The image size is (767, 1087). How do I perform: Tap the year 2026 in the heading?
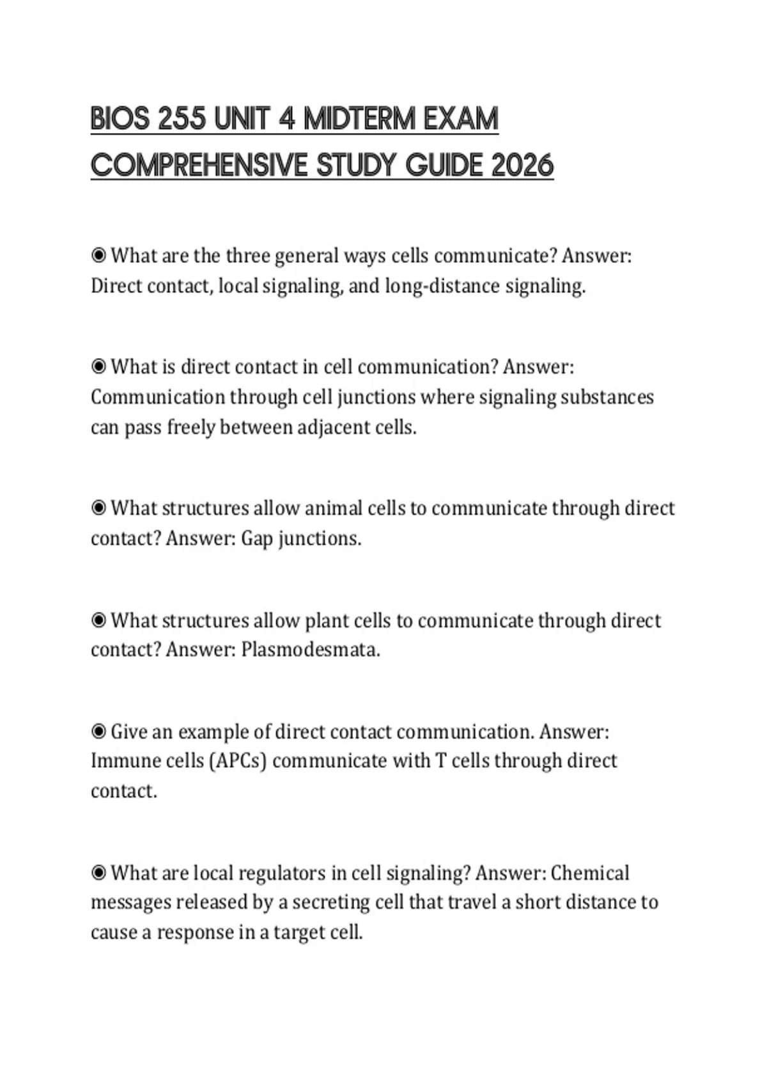523,166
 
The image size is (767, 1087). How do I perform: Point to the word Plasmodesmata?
310,650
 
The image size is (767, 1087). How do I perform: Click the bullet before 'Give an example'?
98,731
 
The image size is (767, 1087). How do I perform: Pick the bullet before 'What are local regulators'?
98,872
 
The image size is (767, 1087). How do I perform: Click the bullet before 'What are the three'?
98,256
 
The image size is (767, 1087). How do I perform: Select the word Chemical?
589,873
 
